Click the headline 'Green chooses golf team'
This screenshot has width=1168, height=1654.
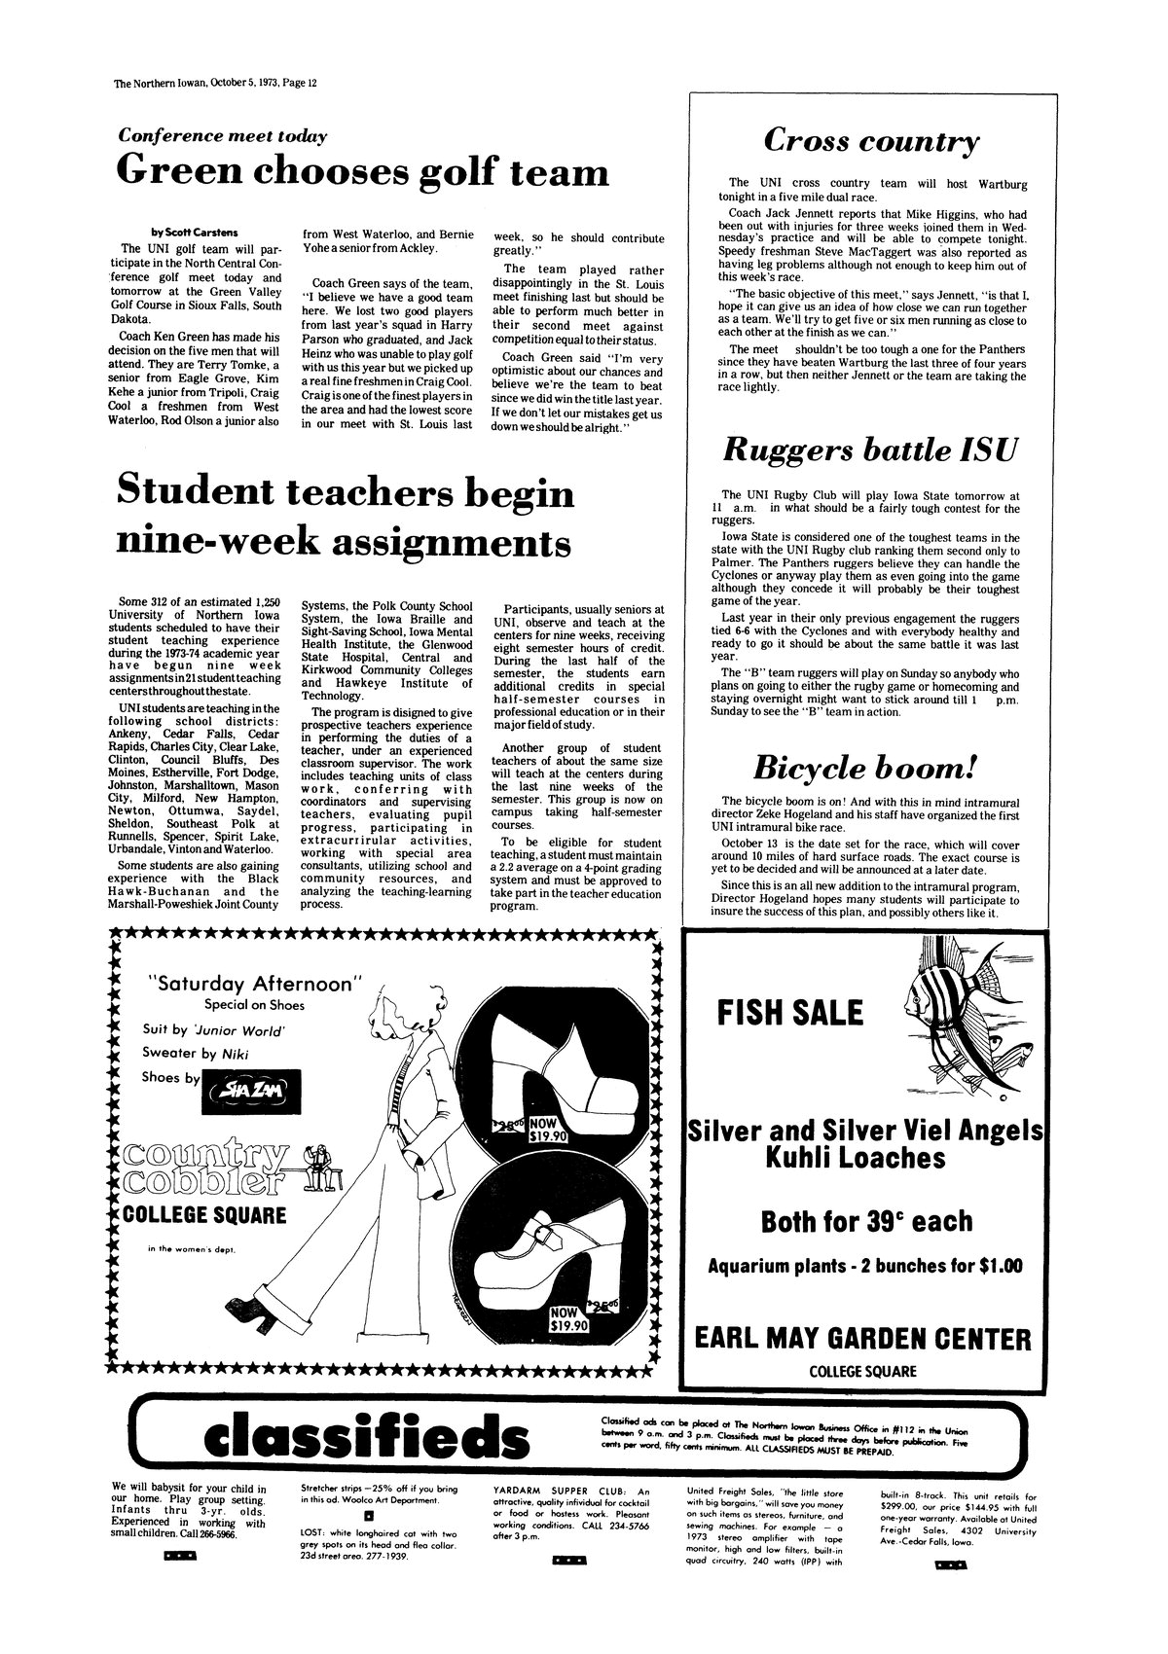(x=362, y=172)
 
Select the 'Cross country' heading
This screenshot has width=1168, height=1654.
(x=870, y=142)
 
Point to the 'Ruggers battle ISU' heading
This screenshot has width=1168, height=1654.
(x=870, y=451)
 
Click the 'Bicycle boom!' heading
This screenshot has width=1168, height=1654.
(x=864, y=769)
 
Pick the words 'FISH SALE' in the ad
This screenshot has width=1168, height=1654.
(x=789, y=1013)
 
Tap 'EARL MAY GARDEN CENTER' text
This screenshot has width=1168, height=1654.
(x=863, y=1339)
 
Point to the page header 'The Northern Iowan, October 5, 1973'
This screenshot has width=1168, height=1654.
(x=216, y=83)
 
